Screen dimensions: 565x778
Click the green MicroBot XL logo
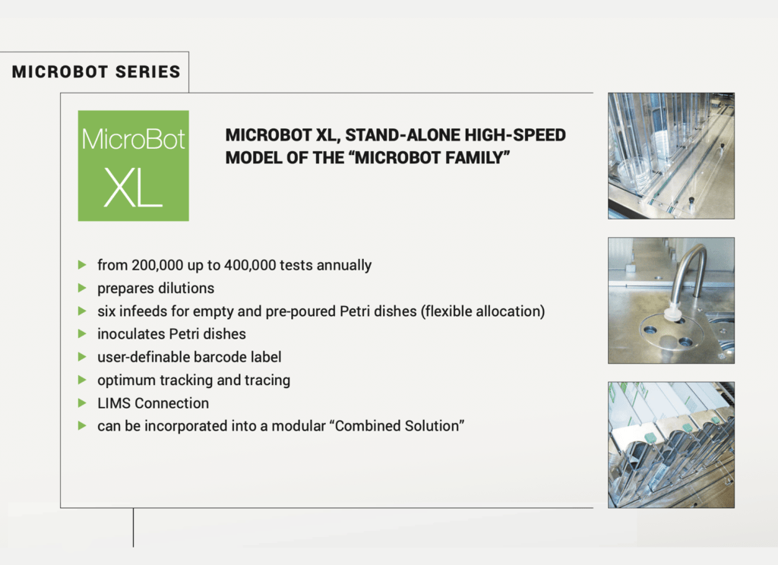coord(133,166)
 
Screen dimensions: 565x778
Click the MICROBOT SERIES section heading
coord(96,72)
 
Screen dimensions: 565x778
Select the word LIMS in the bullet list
coord(114,402)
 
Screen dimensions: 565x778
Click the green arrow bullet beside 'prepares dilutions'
coord(82,288)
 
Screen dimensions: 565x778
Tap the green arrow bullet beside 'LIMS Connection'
coord(82,402)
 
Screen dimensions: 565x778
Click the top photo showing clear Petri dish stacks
coord(671,156)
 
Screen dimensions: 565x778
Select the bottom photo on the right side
coord(671,444)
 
